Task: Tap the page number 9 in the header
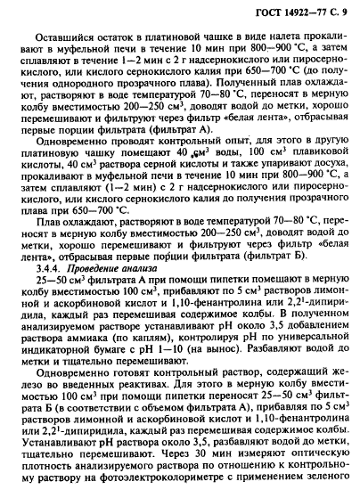click(346, 11)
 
